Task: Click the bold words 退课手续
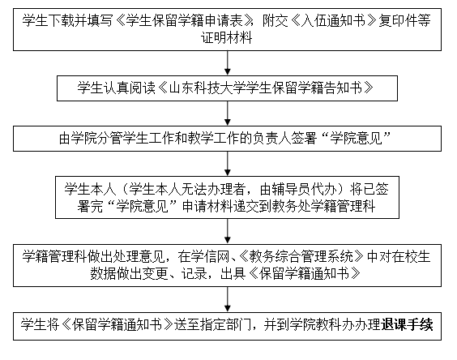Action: pyautogui.click(x=407, y=325)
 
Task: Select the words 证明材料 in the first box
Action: pyautogui.click(x=227, y=38)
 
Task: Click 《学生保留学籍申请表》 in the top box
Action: pyautogui.click(x=185, y=21)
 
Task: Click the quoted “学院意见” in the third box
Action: pyautogui.click(x=357, y=138)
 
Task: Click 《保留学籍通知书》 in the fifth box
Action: pyautogui.click(x=305, y=274)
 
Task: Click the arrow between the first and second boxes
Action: pyautogui.click(x=228, y=63)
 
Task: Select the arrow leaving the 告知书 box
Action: pyautogui.click(x=228, y=114)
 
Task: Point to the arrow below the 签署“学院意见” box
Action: pyautogui.click(x=228, y=164)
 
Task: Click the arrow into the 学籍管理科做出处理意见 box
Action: pyautogui.click(x=228, y=231)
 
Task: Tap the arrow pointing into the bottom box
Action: pyautogui.click(x=228, y=300)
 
